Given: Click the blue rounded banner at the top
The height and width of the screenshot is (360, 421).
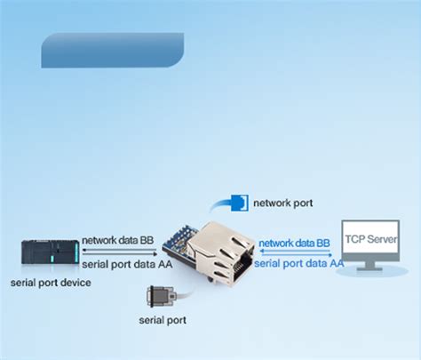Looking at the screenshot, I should coord(112,51).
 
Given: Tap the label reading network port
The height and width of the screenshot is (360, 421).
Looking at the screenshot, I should coord(282,203).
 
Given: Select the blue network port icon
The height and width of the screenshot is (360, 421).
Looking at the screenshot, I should coord(237,203).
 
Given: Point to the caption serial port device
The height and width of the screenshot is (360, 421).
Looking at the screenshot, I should coord(51,282).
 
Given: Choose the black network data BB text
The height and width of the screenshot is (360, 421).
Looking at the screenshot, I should coord(118,240).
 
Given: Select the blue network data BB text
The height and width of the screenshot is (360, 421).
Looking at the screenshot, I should coord(295,242).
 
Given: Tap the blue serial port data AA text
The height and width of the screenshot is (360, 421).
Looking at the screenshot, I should coord(299,263).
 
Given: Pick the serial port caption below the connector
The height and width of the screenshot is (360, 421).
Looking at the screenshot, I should coord(163,319).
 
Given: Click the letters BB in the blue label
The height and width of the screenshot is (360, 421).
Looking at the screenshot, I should coord(323,242).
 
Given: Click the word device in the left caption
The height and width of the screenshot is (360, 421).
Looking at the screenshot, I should coord(75,282).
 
